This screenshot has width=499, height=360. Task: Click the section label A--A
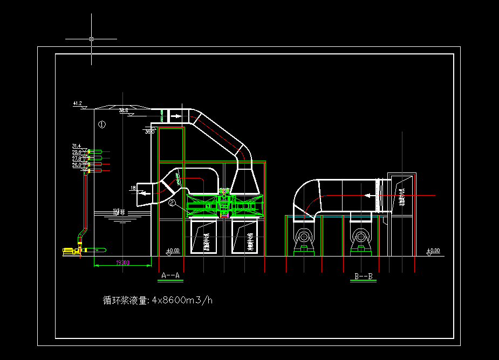pos(170,276)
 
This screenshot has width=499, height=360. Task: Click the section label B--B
pos(363,276)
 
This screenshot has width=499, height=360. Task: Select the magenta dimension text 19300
pos(122,262)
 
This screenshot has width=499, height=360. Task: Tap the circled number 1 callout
pos(102,124)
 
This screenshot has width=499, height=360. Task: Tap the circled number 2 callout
pos(172,203)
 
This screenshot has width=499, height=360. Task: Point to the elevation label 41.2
pos(77,103)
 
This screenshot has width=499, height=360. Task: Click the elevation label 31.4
pos(76,146)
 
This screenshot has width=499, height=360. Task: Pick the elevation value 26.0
pos(76,165)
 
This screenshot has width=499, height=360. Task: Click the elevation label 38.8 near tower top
pos(124,110)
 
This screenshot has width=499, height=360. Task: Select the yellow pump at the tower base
pos(71,251)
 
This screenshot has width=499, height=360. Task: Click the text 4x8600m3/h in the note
pos(182,300)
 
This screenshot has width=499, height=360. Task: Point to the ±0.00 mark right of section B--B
pos(433,251)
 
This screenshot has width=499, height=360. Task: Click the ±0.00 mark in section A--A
pos(173,251)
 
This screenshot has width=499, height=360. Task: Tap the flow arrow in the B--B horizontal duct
pos(370,196)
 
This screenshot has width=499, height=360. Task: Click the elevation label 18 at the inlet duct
pos(133,188)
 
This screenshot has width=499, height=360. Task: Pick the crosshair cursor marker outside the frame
pos(91,39)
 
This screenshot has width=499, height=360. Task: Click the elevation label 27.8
pos(76,159)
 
